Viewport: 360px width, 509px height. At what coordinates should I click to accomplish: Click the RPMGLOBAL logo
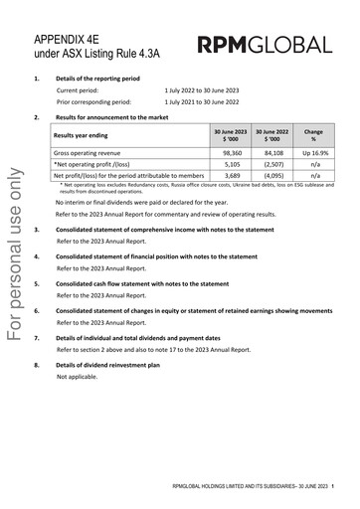coord(265,45)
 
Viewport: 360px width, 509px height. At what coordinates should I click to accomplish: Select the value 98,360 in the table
coord(229,153)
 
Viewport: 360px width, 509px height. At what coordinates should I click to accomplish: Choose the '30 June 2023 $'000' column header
coord(229,134)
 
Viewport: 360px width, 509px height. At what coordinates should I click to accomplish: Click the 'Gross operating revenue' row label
coord(90,153)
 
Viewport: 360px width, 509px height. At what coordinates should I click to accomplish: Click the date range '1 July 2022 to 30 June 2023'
coord(211,89)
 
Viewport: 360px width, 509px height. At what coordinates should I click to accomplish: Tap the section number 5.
coord(37,283)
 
